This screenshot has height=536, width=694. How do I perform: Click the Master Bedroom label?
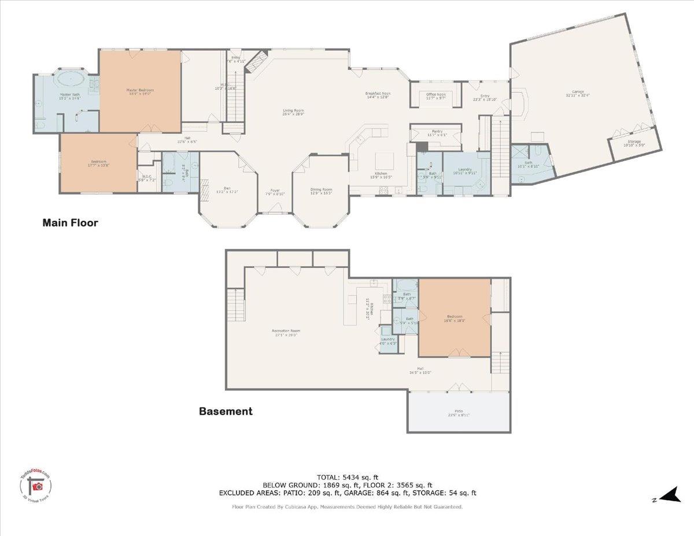140,90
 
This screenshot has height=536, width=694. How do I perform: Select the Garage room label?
578,92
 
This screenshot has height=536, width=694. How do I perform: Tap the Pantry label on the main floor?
437,132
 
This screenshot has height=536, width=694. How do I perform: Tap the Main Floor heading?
70,222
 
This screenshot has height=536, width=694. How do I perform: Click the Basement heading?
226,412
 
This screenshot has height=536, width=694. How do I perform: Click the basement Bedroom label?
455,317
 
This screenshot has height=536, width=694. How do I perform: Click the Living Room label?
293,111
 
